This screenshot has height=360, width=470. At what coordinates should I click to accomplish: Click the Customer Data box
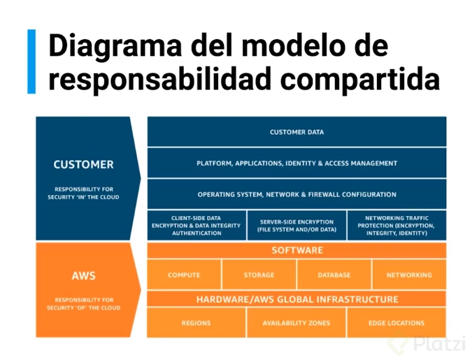click(x=297, y=131)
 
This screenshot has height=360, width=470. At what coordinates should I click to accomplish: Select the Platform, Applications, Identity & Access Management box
click(x=297, y=163)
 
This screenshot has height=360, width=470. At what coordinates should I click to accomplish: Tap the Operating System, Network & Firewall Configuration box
click(x=297, y=194)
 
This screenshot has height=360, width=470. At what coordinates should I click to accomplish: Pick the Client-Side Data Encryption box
click(x=197, y=225)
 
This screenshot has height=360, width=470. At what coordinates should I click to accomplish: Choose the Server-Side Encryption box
click(x=297, y=225)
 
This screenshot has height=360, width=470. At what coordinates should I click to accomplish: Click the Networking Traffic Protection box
click(x=396, y=225)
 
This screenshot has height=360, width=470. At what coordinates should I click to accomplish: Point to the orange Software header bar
click(x=297, y=250)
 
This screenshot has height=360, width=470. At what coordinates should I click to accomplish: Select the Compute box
click(x=184, y=275)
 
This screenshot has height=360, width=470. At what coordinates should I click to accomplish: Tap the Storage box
click(x=259, y=275)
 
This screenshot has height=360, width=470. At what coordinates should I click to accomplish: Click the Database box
click(x=334, y=275)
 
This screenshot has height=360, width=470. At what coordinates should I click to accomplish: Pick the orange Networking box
click(x=409, y=275)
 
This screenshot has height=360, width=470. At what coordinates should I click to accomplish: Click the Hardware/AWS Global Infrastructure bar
click(x=297, y=299)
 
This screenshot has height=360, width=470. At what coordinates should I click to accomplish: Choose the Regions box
click(x=197, y=323)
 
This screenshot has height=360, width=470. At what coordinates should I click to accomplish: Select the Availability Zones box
click(x=297, y=323)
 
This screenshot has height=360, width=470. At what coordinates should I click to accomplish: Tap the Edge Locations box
click(x=396, y=323)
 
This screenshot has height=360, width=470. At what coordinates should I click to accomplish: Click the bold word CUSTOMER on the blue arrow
click(x=83, y=165)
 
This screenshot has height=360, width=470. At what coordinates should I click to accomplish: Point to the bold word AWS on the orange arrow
click(x=83, y=276)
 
